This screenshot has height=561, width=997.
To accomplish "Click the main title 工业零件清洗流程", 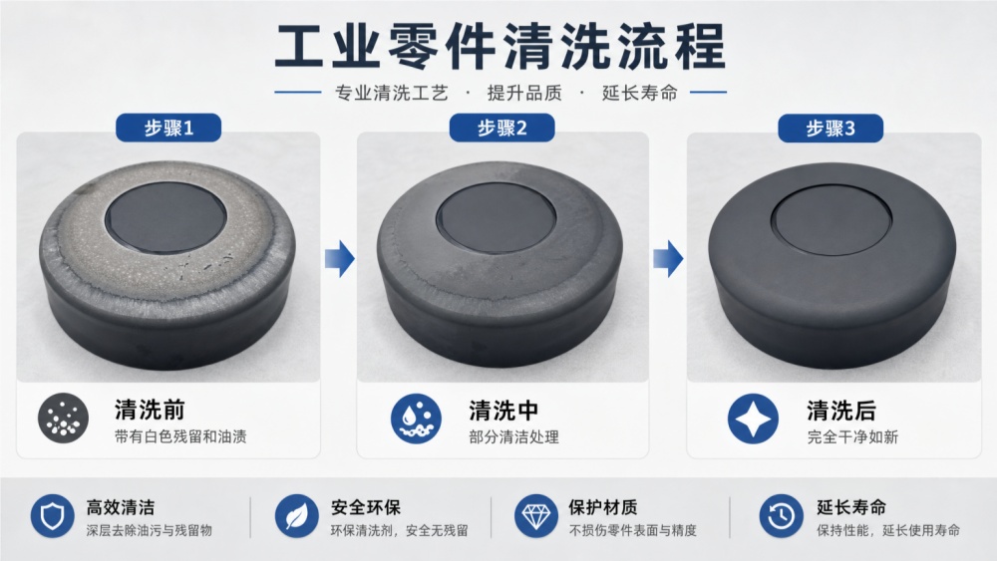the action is (x=499, y=46).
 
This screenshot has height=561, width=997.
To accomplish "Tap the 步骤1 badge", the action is (x=168, y=128).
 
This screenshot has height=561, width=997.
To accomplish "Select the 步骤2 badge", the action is (x=501, y=128).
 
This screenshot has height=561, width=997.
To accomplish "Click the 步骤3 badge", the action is (x=831, y=129).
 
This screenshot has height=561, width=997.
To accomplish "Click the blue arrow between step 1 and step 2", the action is (x=340, y=259).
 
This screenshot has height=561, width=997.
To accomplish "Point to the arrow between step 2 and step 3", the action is (x=668, y=259).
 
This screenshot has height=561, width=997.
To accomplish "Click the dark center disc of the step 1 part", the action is (x=166, y=216).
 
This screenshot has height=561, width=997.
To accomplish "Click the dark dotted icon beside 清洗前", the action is (x=63, y=418).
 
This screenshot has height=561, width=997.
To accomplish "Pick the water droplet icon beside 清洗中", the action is (x=416, y=419).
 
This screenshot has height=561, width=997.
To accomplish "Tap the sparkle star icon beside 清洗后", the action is (x=754, y=419).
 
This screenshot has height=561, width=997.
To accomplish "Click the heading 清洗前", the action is (x=151, y=410).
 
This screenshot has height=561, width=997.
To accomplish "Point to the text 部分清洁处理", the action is (x=513, y=437).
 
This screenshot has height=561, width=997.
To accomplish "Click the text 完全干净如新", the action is (x=852, y=437).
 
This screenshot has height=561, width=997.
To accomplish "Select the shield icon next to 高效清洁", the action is (x=52, y=516).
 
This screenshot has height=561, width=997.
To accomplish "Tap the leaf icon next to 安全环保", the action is (x=297, y=516).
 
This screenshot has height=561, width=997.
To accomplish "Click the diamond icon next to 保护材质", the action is (x=536, y=516).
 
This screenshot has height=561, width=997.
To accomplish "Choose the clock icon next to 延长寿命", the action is (x=782, y=516).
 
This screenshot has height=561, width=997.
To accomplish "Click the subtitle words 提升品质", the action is (x=524, y=93).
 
